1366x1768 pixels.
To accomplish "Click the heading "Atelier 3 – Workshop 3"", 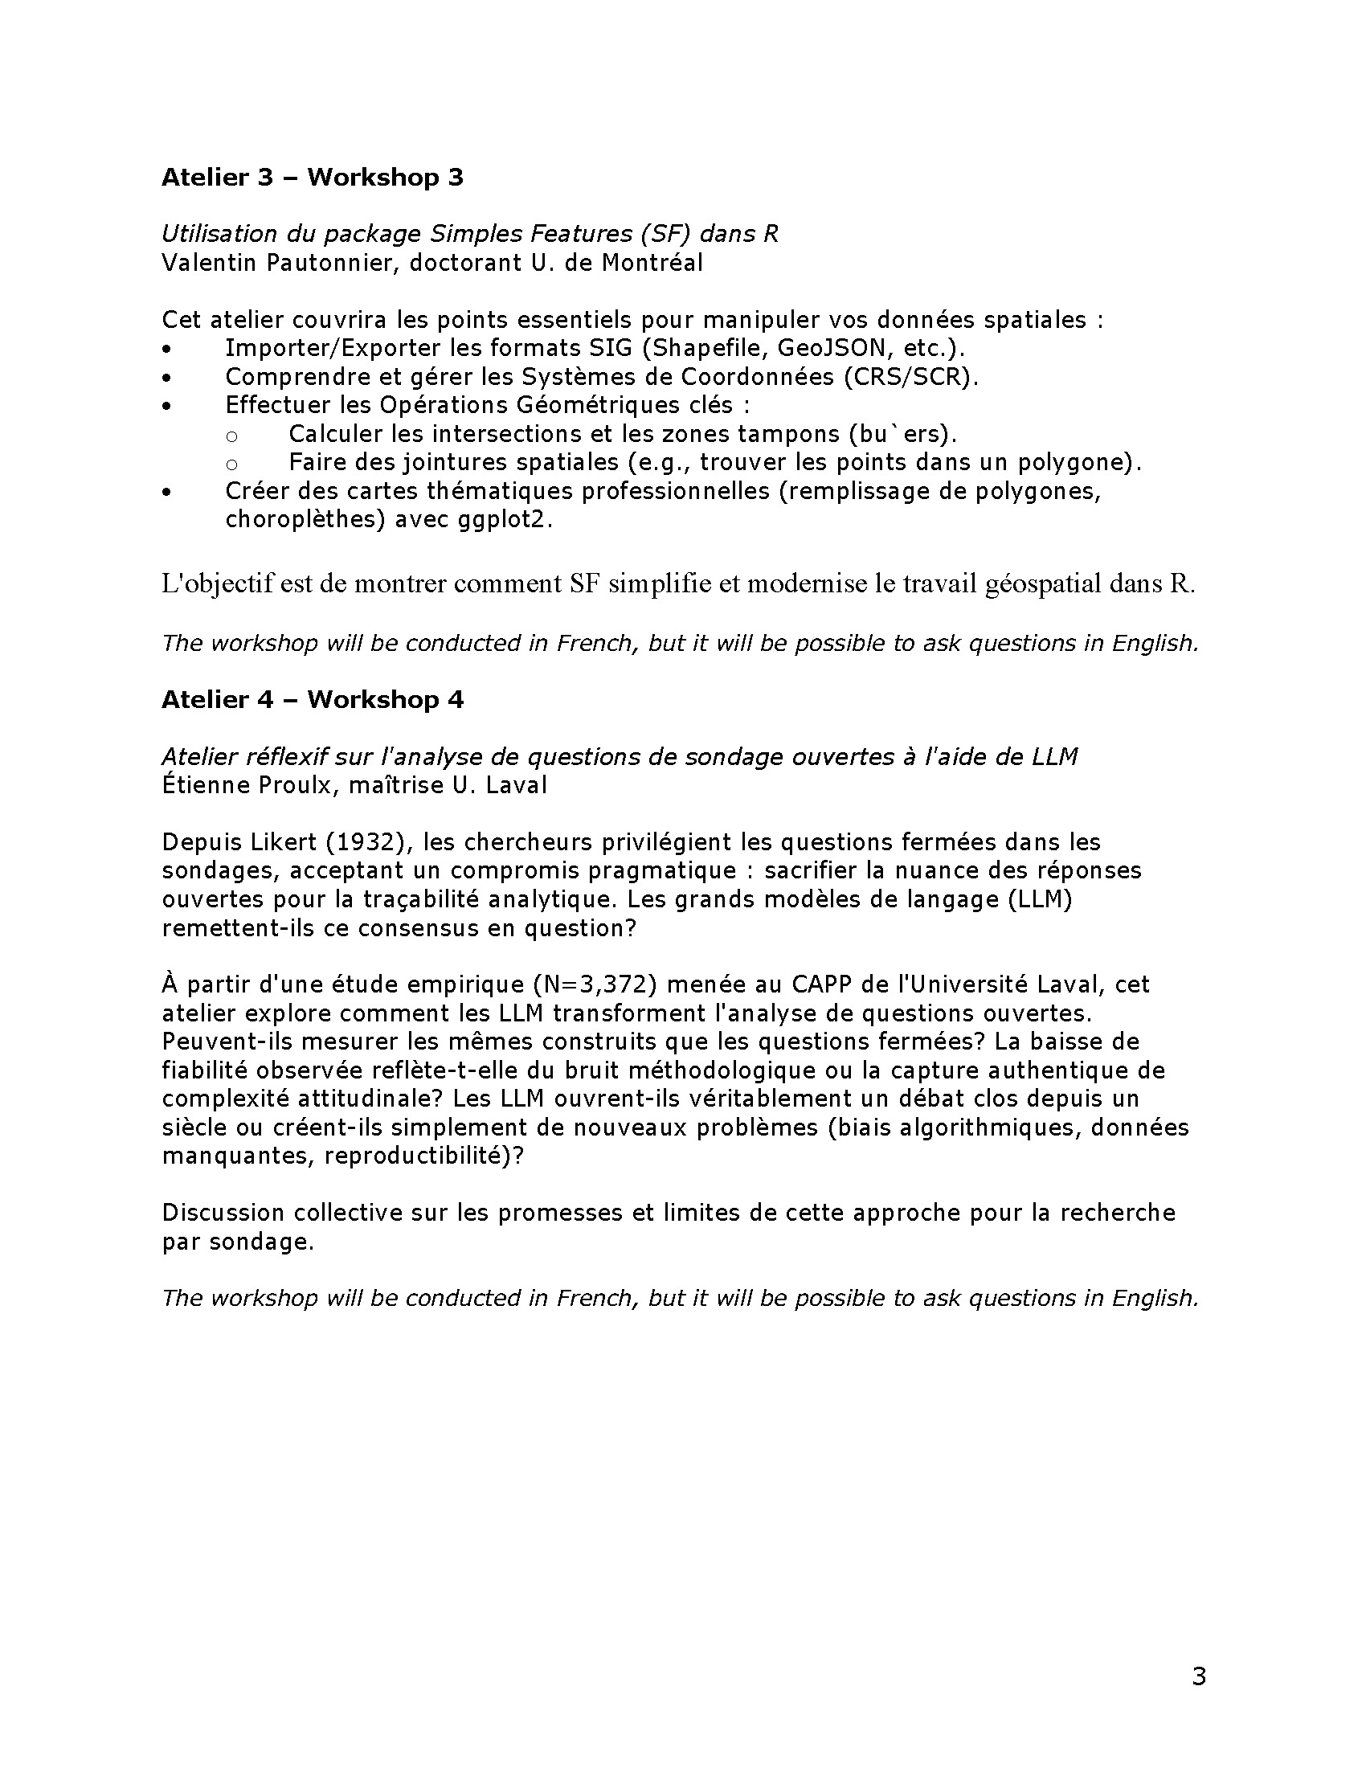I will pyautogui.click(x=313, y=178).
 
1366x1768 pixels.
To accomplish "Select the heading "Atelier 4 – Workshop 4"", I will pyautogui.click(x=313, y=699).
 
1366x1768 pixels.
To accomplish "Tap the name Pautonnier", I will pyautogui.click(x=316, y=263).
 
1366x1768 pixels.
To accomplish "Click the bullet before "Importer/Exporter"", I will pyautogui.click(x=166, y=350).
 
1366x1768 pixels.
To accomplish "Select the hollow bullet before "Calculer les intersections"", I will pyautogui.click(x=231, y=436).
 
